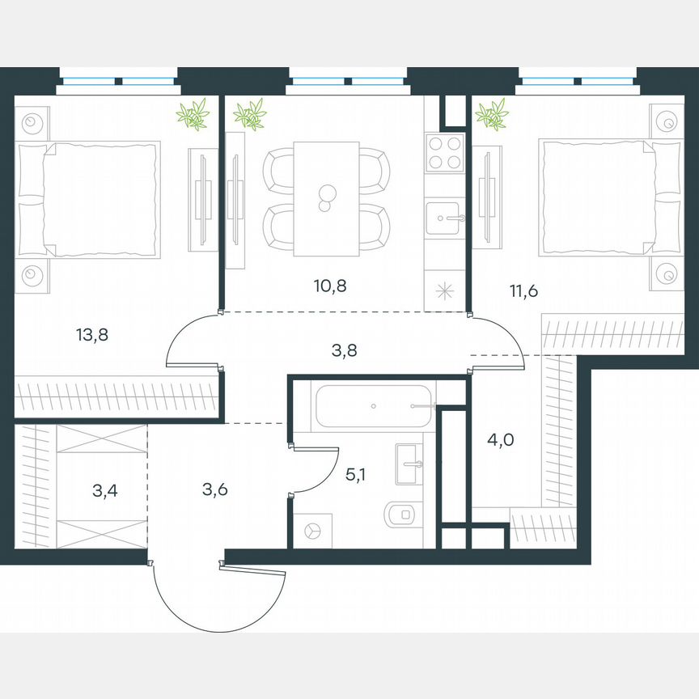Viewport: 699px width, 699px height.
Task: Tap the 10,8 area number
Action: tap(329, 285)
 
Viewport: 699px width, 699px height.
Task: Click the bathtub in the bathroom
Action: tap(374, 405)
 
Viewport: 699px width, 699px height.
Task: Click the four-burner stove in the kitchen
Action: tap(443, 151)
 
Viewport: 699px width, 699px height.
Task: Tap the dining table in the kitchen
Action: tap(326, 197)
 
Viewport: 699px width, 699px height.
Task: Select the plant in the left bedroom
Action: tap(193, 115)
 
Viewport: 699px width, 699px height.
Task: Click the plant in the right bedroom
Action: tap(492, 114)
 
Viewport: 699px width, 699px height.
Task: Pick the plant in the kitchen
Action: tap(251, 115)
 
